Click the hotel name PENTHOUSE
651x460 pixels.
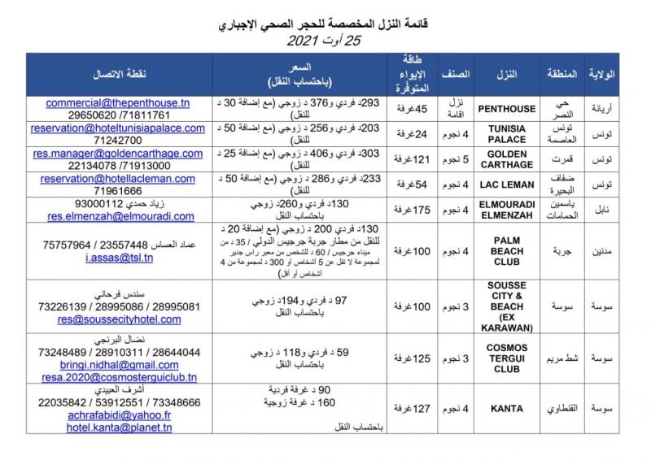[508, 109]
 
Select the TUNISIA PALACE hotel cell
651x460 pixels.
[508, 133]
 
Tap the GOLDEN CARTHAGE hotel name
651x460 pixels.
[508, 159]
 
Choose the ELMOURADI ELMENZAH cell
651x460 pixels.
[508, 210]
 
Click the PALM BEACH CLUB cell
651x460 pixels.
[508, 250]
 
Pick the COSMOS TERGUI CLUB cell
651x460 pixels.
[508, 358]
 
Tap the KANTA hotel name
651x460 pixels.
[508, 409]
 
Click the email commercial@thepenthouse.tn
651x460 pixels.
[117, 104]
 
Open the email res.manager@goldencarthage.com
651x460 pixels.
[118, 153]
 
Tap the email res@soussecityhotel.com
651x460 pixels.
[118, 320]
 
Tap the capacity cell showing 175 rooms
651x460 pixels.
[414, 210]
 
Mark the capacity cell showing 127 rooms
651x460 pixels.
[414, 409]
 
